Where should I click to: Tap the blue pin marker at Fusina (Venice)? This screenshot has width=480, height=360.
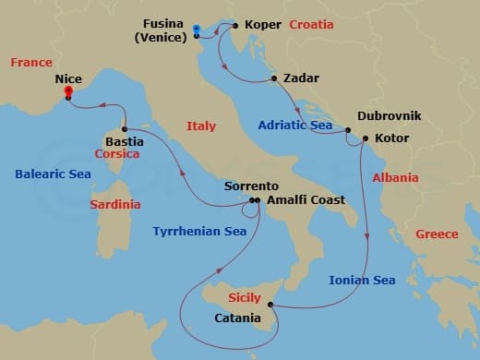click(197, 31)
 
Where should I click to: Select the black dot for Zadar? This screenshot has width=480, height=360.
click(274, 78)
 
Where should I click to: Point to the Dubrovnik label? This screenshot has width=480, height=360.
click(389, 115)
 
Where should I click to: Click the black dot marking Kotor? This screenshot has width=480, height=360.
click(366, 138)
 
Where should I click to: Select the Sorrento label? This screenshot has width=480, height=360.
click(251, 186)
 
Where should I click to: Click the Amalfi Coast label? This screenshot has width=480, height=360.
click(305, 200)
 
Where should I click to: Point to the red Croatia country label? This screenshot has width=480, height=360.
click(311, 26)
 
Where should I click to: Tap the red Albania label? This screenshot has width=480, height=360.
click(395, 177)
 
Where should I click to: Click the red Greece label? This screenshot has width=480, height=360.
click(437, 234)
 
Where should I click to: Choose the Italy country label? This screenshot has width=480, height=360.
click(200, 126)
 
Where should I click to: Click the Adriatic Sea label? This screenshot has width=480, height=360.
click(295, 124)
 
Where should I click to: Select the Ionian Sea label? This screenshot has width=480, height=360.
click(362, 280)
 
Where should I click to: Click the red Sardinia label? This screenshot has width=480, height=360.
click(115, 204)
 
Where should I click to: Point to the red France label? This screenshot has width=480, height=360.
click(31, 62)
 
